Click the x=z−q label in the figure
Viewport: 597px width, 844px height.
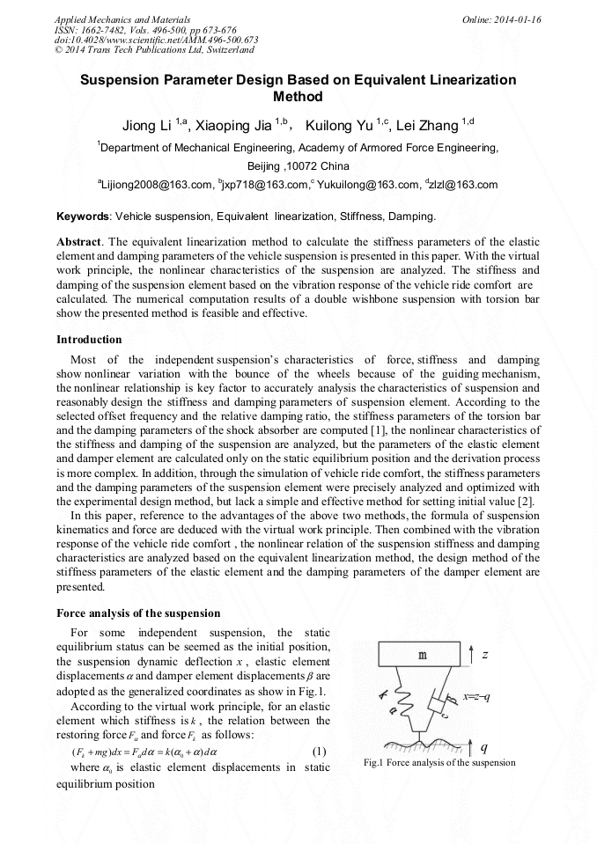[x=476, y=697]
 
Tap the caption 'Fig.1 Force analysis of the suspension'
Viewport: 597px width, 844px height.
[x=439, y=762]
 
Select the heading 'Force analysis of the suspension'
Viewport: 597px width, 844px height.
[x=138, y=613]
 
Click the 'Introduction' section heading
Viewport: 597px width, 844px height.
[x=89, y=339]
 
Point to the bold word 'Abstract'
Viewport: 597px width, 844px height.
[x=78, y=241]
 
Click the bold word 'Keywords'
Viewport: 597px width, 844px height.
[x=83, y=216]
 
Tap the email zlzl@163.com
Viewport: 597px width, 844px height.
[x=464, y=185]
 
